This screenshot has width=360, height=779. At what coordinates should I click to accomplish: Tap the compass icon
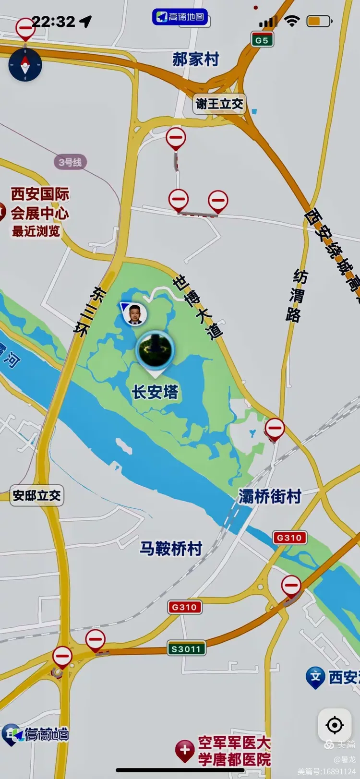(25, 64)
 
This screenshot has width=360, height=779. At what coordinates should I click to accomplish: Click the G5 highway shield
(262, 40)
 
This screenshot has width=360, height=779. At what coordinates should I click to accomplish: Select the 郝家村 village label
(196, 60)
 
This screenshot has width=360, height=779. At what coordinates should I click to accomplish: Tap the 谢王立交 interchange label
(220, 104)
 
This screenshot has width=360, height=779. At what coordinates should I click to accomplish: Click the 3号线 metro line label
(70, 162)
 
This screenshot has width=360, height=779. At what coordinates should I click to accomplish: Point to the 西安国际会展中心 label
(40, 204)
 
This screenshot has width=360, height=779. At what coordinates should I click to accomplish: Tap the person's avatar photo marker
(134, 314)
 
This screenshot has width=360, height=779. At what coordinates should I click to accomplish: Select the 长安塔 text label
(155, 392)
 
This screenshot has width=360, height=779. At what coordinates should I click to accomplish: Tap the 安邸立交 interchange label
(36, 495)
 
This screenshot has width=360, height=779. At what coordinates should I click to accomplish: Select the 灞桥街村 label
(270, 496)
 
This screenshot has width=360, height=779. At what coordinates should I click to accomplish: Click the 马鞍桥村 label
(171, 548)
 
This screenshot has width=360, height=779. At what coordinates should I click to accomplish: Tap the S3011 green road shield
(186, 649)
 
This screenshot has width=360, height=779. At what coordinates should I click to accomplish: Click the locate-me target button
(335, 725)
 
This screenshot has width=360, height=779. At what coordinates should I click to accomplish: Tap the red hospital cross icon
(185, 750)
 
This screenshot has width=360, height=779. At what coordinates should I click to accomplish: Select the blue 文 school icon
(315, 677)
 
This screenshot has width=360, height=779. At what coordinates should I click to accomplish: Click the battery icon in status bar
(319, 21)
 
